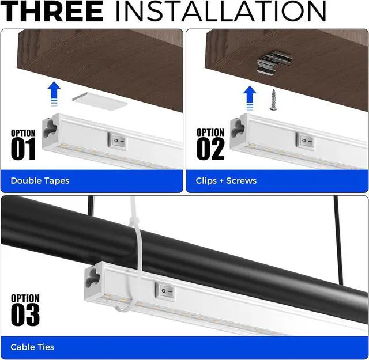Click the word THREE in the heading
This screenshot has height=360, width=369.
click(52, 11)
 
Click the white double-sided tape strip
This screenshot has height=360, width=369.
click(100, 98)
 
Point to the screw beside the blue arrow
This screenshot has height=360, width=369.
click(273, 98)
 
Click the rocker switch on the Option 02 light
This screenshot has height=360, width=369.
click(306, 139)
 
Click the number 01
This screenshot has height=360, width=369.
click(23, 149)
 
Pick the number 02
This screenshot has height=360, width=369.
click(210, 149)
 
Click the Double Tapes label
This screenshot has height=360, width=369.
click(40, 181)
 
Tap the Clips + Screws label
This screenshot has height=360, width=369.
click(226, 181)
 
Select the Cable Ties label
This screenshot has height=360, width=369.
click(32, 347)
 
